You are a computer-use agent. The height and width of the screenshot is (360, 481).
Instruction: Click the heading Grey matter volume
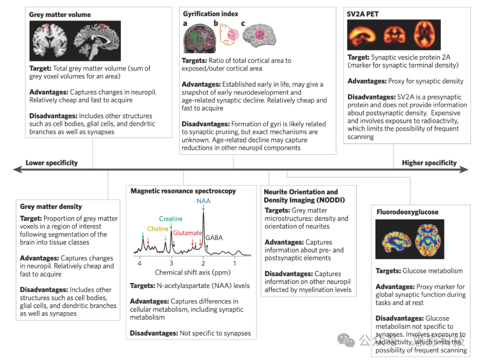(x=60, y=15)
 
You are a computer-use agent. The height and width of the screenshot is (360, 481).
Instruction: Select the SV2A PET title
(x=363, y=14)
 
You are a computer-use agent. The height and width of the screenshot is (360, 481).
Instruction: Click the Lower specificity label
(x=52, y=163)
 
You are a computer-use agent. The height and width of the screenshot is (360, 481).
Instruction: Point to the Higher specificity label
(x=429, y=163)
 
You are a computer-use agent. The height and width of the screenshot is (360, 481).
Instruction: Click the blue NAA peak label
(x=204, y=201)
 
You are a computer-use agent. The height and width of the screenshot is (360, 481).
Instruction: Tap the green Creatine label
(x=171, y=219)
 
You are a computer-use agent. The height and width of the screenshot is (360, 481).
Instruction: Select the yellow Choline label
(x=158, y=229)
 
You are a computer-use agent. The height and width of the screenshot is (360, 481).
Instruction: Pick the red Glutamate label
(x=188, y=233)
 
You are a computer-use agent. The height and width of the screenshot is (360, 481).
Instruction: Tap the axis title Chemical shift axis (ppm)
(x=187, y=272)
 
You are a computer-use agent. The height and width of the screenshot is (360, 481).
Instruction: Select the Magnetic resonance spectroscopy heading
(x=183, y=191)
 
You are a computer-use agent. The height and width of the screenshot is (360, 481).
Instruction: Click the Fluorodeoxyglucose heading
(x=407, y=212)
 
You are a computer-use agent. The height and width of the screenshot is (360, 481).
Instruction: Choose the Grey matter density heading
(x=51, y=206)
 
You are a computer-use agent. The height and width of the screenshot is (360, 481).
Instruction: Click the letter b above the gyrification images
(x=216, y=23)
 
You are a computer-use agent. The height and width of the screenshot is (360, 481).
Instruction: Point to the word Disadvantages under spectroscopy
(x=154, y=333)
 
